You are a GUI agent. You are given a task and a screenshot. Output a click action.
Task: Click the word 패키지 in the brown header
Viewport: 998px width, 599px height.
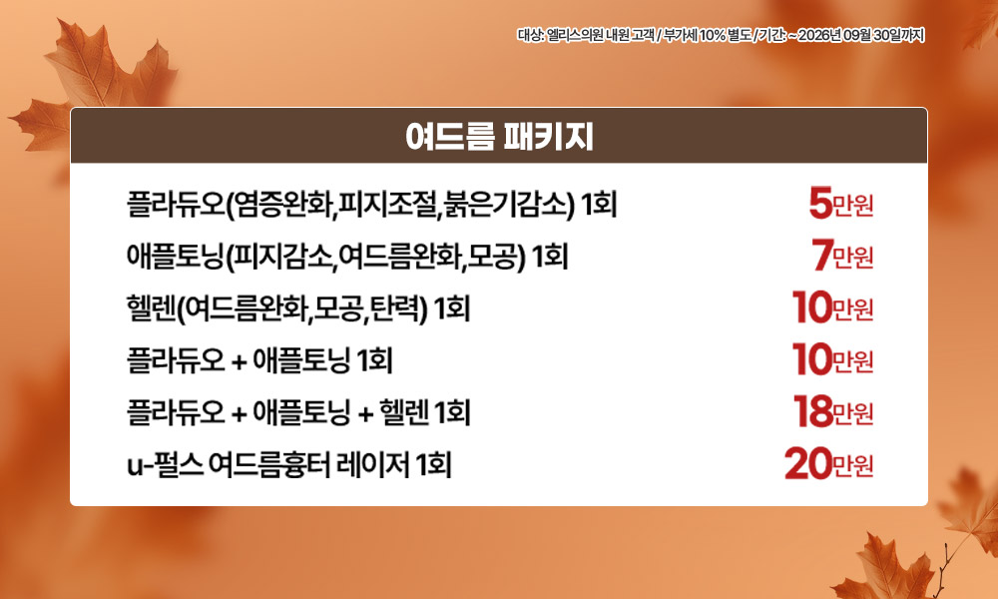coord(548,136)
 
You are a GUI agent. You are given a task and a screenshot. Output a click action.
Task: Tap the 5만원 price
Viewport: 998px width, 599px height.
coord(840,204)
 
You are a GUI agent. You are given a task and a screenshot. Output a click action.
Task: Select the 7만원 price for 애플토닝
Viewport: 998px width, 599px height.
coord(842,256)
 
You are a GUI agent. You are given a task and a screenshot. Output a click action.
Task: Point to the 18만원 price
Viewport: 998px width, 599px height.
coord(833,412)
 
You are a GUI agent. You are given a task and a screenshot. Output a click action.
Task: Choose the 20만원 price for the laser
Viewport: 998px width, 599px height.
coord(828,464)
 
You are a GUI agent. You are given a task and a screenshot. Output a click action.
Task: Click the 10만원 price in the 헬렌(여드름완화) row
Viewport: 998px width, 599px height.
coord(832,308)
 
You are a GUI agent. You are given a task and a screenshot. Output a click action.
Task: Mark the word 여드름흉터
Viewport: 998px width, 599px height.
coord(269,464)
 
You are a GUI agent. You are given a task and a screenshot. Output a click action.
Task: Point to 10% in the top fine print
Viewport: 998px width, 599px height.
coord(713,35)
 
